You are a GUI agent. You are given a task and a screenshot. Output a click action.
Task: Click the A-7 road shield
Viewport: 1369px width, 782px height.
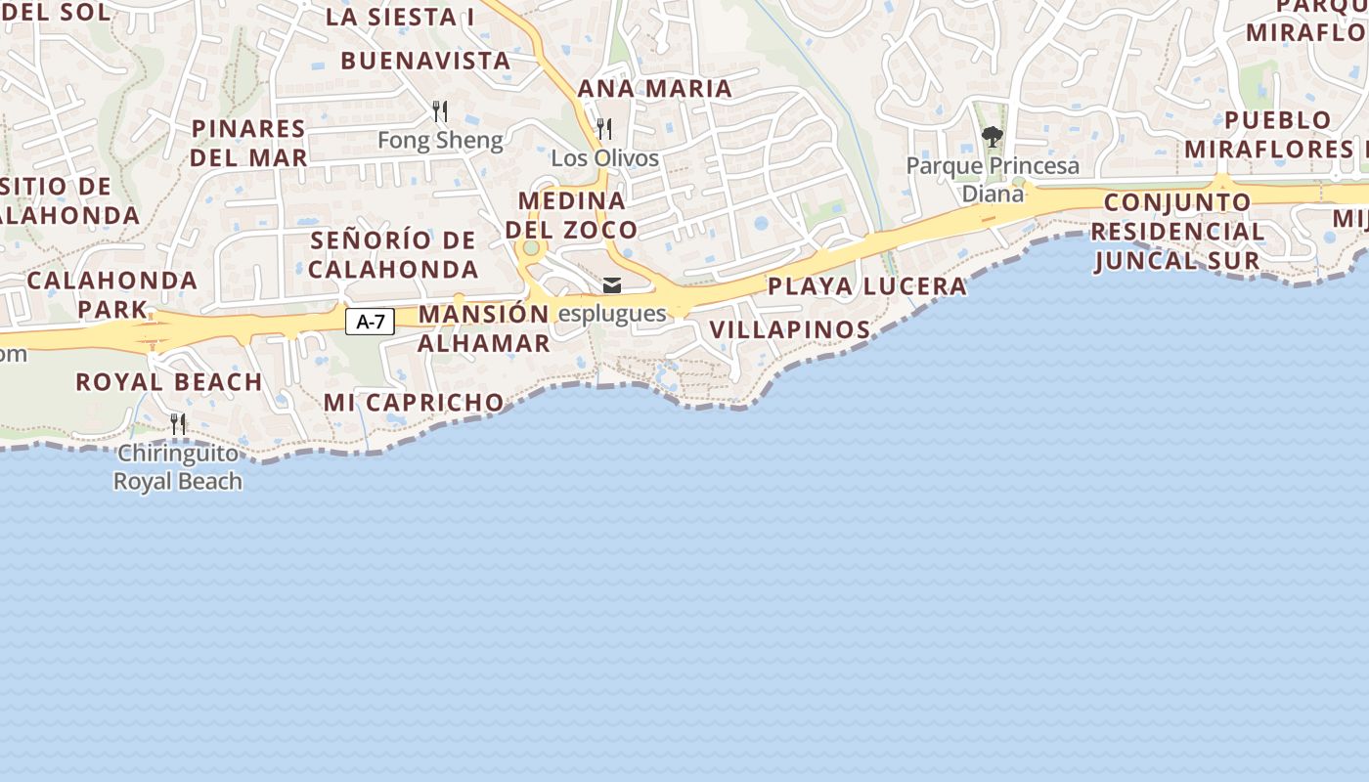tap(370, 321)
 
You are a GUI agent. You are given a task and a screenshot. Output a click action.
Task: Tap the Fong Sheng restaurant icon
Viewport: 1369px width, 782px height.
tap(440, 110)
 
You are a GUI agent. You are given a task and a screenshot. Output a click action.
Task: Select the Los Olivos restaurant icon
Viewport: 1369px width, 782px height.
tap(604, 128)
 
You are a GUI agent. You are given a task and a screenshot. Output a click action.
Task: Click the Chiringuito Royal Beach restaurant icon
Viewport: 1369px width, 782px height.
tap(178, 423)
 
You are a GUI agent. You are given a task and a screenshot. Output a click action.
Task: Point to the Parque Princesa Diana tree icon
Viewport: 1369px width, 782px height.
tap(993, 136)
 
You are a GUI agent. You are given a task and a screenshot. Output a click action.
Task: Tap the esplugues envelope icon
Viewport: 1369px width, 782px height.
tap(612, 285)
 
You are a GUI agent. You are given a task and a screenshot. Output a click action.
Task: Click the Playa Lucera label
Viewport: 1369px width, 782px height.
tap(867, 286)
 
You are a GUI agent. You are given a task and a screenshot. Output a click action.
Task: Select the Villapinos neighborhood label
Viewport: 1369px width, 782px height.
tap(790, 329)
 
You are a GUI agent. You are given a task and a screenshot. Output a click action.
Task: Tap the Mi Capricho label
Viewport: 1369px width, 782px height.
tap(414, 402)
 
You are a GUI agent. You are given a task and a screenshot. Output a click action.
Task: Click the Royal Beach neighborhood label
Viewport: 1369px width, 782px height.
tap(169, 381)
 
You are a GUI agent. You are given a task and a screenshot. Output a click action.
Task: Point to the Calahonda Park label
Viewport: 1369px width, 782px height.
tap(112, 294)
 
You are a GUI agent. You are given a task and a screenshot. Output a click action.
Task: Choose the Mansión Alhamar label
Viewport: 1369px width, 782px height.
tap(484, 328)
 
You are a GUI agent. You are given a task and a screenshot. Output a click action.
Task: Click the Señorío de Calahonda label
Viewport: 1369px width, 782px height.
tap(394, 254)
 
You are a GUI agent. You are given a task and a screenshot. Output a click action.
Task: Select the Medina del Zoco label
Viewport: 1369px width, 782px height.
tap(572, 215)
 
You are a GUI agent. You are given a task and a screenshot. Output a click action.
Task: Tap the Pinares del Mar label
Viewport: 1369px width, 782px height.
tap(248, 143)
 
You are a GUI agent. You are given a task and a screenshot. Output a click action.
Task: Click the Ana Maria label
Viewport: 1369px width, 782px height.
tap(655, 88)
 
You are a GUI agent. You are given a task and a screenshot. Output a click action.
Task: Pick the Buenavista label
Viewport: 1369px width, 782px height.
tap(425, 60)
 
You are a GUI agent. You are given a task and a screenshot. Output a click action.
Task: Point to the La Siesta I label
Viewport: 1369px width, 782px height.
tap(400, 17)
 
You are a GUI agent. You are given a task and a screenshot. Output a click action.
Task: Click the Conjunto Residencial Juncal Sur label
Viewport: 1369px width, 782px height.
tap(1177, 232)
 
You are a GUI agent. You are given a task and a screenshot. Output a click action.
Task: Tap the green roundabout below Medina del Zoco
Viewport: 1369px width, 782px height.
tap(531, 248)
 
